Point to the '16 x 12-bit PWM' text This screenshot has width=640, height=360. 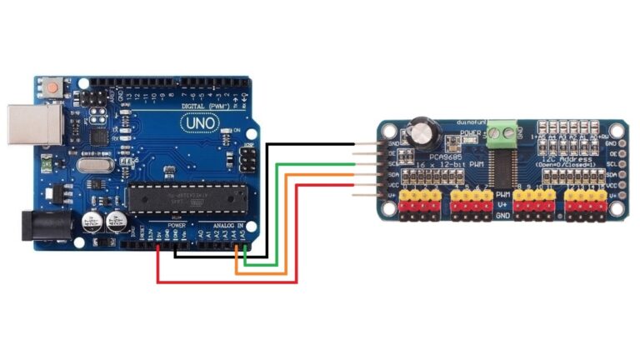click(441, 167)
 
